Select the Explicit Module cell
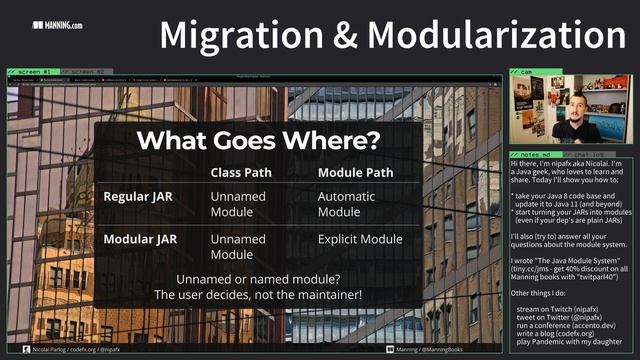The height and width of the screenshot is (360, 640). pos(359,240)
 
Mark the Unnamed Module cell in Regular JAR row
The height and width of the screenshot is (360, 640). pos(238,205)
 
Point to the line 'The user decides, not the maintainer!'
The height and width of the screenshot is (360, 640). pos(258,295)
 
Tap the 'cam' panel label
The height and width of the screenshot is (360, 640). pos(527,73)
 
